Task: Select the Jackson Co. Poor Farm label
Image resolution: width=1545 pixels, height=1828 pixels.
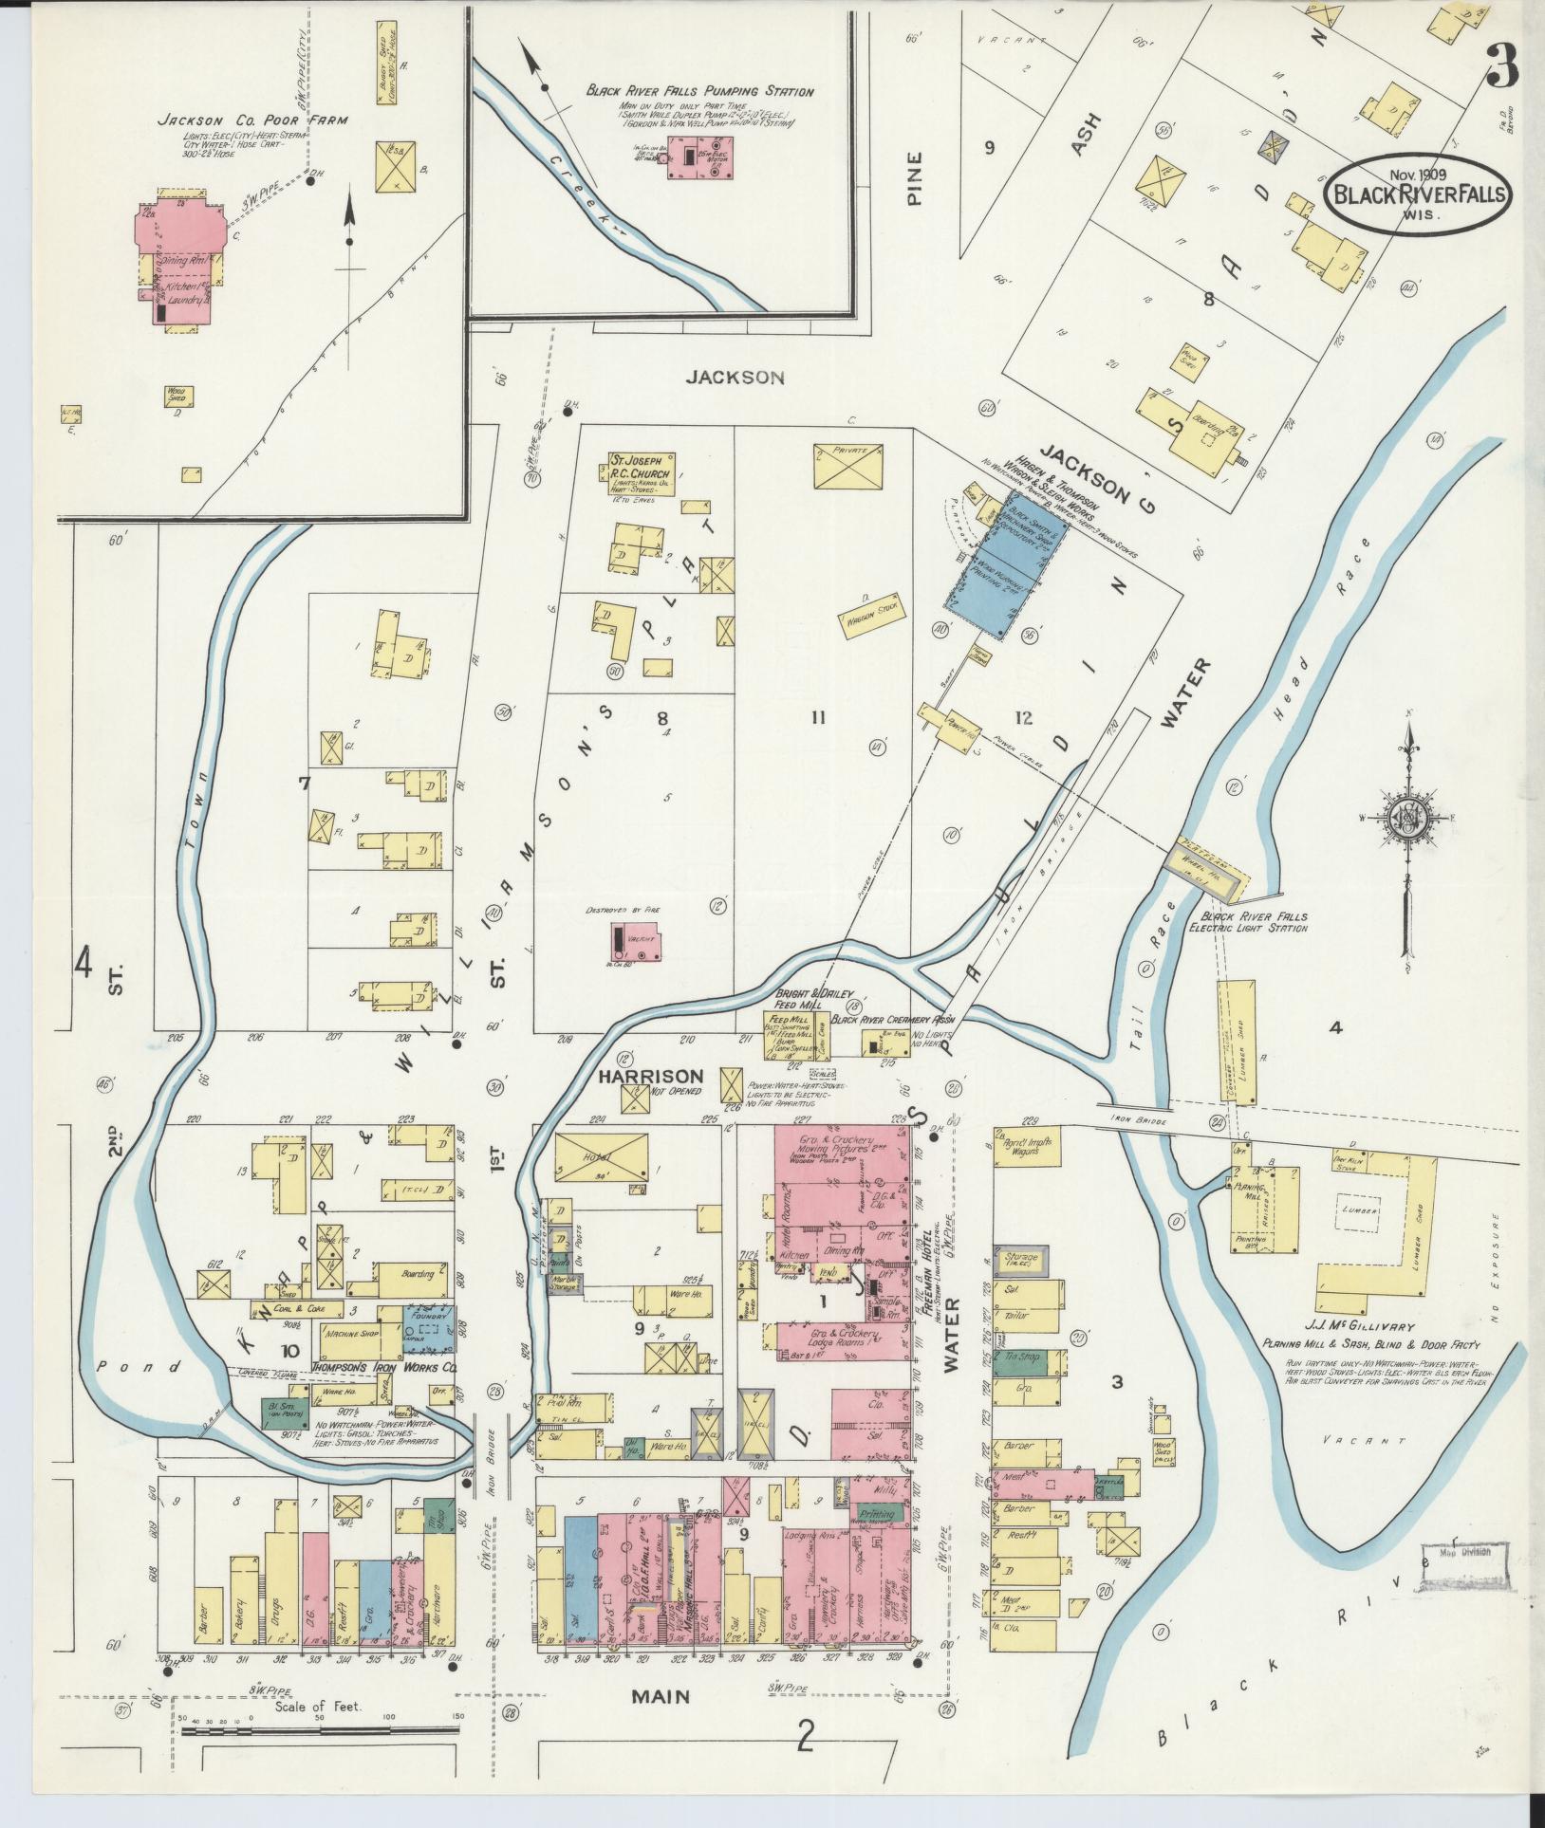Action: point(251,120)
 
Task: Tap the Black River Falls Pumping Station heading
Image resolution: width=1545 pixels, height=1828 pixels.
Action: point(699,92)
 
